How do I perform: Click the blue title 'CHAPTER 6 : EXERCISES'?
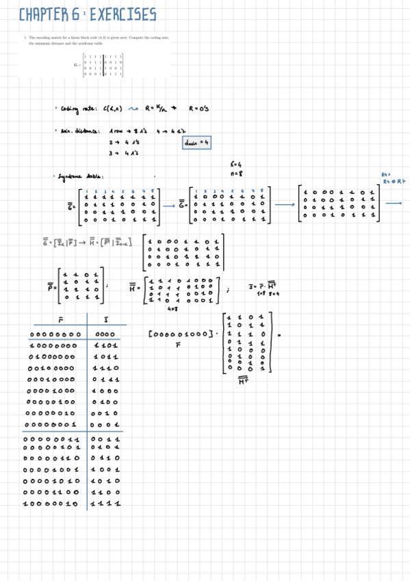(88, 14)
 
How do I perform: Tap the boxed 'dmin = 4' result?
(196, 143)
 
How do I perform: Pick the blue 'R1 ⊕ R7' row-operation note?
(394, 182)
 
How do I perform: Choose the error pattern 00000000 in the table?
(55, 334)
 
